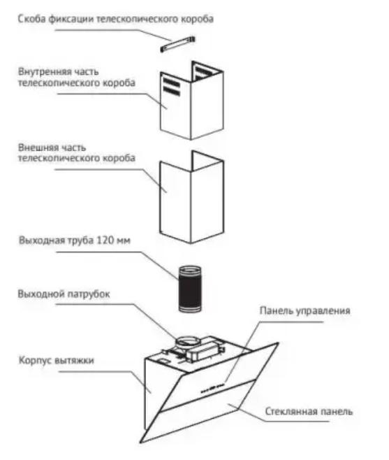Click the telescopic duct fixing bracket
[177, 44]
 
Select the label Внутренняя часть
[58, 71]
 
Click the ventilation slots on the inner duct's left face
[172, 87]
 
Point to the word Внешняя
[38, 148]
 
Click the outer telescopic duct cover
[192, 197]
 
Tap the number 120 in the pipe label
[105, 240]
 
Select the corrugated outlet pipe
[190, 289]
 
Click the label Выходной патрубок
[64, 294]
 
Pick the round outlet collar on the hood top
[188, 342]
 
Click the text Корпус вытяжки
[57, 360]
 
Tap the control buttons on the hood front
[212, 388]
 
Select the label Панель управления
[305, 310]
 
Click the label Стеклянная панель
[309, 411]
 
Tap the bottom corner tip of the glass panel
[140, 443]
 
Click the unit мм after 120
[123, 241]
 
